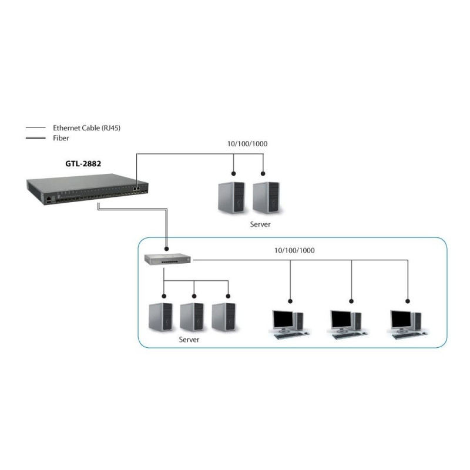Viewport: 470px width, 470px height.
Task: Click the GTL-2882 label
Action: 83,164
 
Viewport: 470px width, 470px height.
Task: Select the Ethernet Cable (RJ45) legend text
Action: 86,128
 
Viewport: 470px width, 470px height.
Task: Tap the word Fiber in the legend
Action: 61,138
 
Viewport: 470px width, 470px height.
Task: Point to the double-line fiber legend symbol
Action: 36,138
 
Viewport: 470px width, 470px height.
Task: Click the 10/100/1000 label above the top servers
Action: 247,144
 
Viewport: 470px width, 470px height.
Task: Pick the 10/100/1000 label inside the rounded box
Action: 295,251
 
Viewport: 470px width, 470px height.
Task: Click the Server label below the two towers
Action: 260,224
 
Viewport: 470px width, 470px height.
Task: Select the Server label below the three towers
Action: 189,340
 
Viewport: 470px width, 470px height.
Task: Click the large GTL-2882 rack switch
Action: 87,189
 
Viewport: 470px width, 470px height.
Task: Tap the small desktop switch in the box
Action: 167,259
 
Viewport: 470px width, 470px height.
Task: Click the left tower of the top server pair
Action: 231,197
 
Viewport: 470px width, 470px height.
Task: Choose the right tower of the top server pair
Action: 266,197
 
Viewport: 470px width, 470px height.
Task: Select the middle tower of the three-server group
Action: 192,317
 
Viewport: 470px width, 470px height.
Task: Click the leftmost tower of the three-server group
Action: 160,317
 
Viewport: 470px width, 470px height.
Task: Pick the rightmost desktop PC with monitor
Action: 408,325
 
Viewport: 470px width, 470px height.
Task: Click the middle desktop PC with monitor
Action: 348,325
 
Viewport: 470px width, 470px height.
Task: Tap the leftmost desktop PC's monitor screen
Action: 283,320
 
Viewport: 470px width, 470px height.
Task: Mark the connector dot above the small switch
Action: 167,249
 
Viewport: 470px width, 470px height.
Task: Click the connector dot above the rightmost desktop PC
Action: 407,301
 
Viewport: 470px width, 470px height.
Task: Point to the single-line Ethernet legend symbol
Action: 36,127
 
